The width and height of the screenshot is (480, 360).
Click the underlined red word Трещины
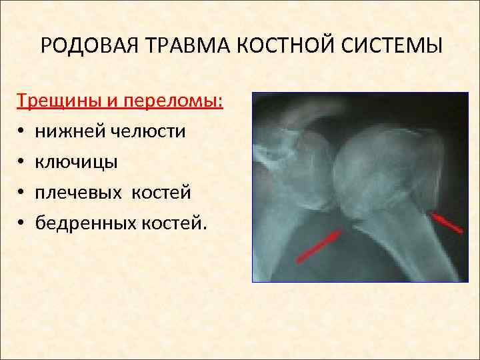click(x=57, y=101)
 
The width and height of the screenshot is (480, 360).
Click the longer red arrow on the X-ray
click(x=319, y=244)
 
